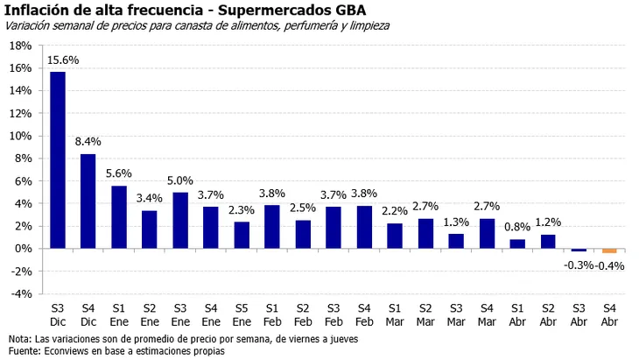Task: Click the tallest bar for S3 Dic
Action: [57, 159]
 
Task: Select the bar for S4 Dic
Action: [88, 201]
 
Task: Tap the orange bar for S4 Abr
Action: [609, 251]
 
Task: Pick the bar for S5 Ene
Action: [241, 235]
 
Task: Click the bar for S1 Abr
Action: [517, 244]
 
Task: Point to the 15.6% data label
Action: [60, 60]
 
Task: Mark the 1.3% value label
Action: [455, 222]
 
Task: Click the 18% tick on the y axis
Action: [20, 68]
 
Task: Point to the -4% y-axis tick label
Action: [20, 293]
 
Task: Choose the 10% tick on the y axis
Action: [20, 136]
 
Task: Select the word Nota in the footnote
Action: [18, 338]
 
